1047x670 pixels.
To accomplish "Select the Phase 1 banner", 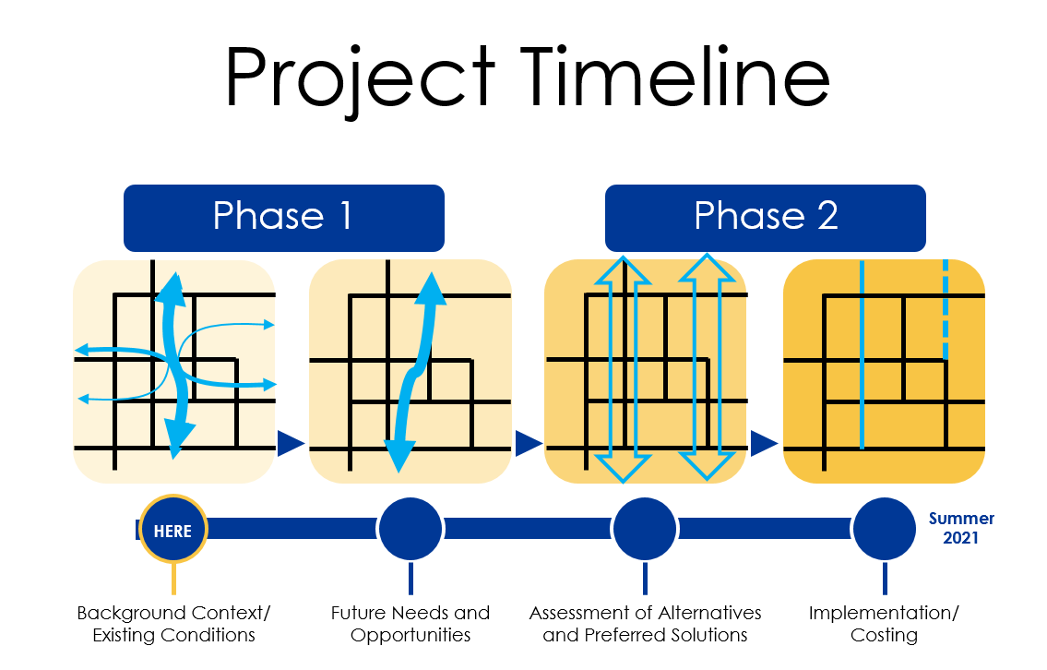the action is pyautogui.click(x=284, y=218).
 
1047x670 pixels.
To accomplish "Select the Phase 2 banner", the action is pyautogui.click(x=766, y=218).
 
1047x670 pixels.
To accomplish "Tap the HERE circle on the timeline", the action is pyautogui.click(x=173, y=529).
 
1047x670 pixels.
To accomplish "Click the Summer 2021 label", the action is pyautogui.click(x=961, y=528).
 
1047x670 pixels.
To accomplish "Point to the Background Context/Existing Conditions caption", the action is pyautogui.click(x=173, y=624).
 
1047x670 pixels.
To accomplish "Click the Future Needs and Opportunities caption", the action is pyautogui.click(x=410, y=624).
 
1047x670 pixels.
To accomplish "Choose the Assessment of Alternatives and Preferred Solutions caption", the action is pyautogui.click(x=645, y=624).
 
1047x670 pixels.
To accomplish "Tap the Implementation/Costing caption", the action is pyautogui.click(x=884, y=624).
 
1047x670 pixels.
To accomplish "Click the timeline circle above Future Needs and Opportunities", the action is pyautogui.click(x=410, y=529).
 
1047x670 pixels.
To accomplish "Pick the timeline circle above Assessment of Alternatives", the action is pyautogui.click(x=645, y=529).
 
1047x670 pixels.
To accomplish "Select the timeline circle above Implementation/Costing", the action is pyautogui.click(x=885, y=529).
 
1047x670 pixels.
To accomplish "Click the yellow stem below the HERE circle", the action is pyautogui.click(x=173, y=579).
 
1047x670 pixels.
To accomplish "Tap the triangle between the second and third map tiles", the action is pyautogui.click(x=529, y=444).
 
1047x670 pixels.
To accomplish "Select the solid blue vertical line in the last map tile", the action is pyautogui.click(x=862, y=354).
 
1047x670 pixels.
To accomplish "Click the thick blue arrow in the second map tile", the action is pyautogui.click(x=415, y=374).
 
